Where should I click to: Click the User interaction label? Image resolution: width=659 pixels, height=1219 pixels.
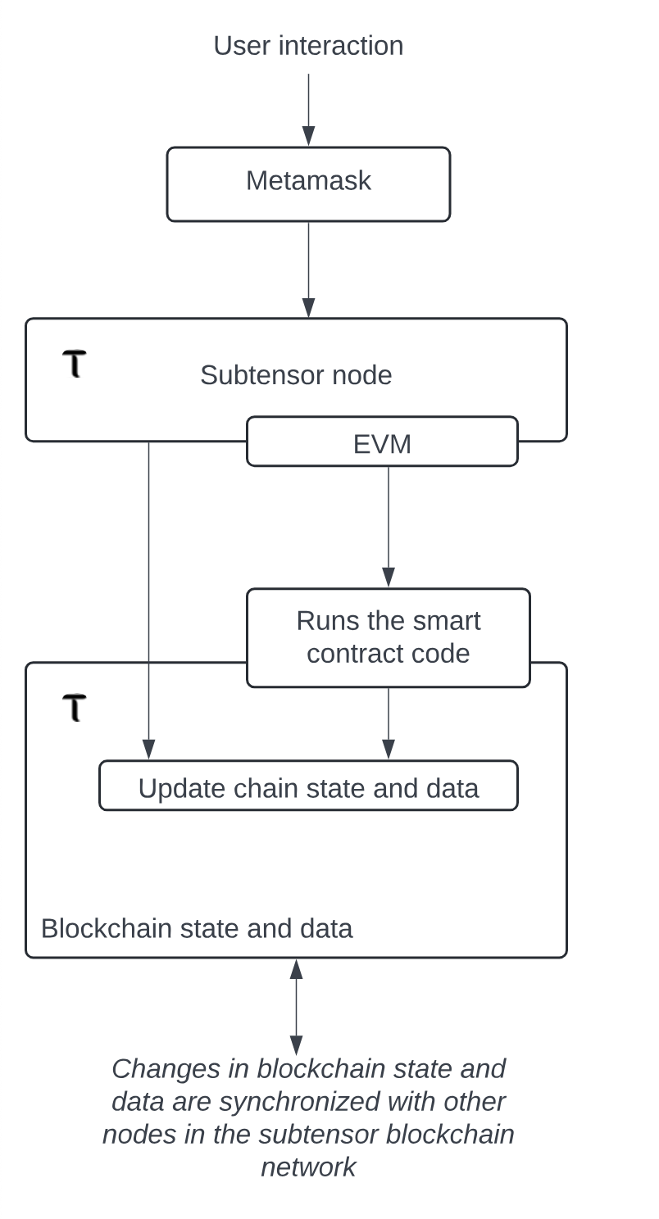pos(308,46)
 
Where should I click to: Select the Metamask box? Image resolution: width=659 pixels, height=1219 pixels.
pos(308,184)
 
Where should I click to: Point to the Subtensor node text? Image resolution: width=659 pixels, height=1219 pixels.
pos(296,375)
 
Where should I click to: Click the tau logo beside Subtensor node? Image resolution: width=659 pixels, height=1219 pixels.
pos(75,363)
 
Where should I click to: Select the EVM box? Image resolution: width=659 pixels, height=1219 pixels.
pos(382,442)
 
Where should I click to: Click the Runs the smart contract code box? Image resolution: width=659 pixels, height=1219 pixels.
pos(389,637)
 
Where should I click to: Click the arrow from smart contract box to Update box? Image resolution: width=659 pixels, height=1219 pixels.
pos(389,723)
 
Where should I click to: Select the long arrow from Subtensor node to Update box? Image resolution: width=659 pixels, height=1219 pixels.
pos(148,598)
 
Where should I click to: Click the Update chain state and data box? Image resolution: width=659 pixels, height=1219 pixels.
pos(308,786)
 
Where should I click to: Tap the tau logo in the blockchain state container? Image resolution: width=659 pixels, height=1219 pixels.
pos(75,707)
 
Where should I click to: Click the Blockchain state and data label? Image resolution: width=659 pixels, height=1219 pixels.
pos(197,929)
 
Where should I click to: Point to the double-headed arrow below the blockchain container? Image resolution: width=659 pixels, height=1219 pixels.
pos(296,1007)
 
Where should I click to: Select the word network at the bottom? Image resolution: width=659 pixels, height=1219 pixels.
pos(308,1167)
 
